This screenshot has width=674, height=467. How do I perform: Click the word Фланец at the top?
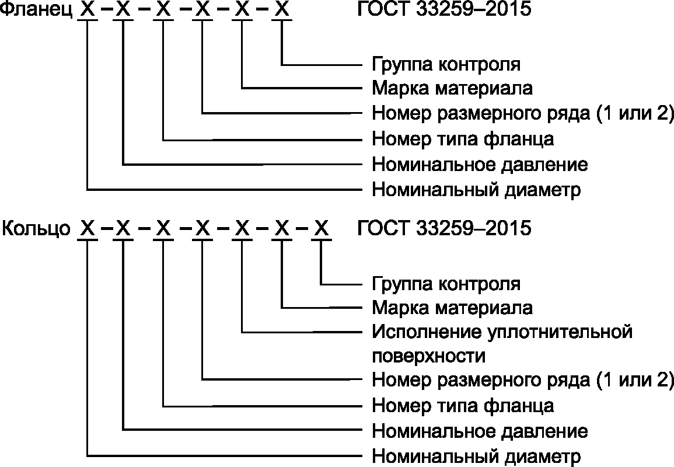point(36,11)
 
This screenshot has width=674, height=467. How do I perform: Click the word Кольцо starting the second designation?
point(36,228)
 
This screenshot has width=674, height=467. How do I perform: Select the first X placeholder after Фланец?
point(87,11)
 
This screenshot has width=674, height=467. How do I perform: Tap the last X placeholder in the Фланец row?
point(282,11)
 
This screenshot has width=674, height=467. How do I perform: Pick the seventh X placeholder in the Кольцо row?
point(320,228)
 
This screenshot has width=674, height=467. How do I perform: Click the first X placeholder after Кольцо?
point(87,228)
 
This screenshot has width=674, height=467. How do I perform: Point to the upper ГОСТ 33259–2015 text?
point(443,11)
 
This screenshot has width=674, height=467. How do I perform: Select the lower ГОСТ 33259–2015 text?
point(443,228)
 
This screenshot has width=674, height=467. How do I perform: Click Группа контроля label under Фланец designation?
point(446,64)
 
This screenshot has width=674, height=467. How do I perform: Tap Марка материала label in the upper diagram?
point(452,89)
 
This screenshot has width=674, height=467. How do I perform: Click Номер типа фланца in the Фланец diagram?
point(463,140)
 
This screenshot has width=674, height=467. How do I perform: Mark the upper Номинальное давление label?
point(480,165)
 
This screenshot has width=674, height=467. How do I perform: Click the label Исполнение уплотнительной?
point(502,332)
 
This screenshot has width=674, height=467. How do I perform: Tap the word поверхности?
point(428,356)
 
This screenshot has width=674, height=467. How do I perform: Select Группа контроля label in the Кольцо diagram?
point(446,284)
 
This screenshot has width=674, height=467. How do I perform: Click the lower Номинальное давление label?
point(480,431)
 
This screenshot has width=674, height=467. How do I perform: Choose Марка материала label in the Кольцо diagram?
point(452,308)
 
